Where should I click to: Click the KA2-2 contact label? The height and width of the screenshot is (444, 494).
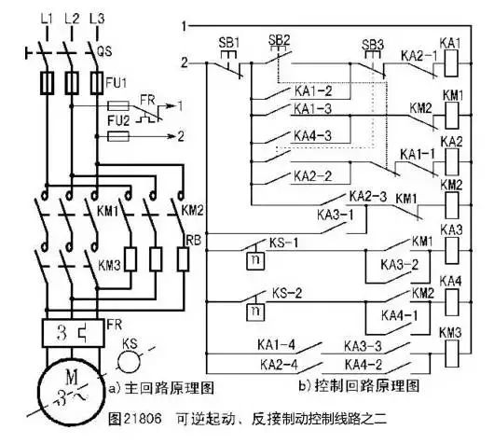click(311, 174)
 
